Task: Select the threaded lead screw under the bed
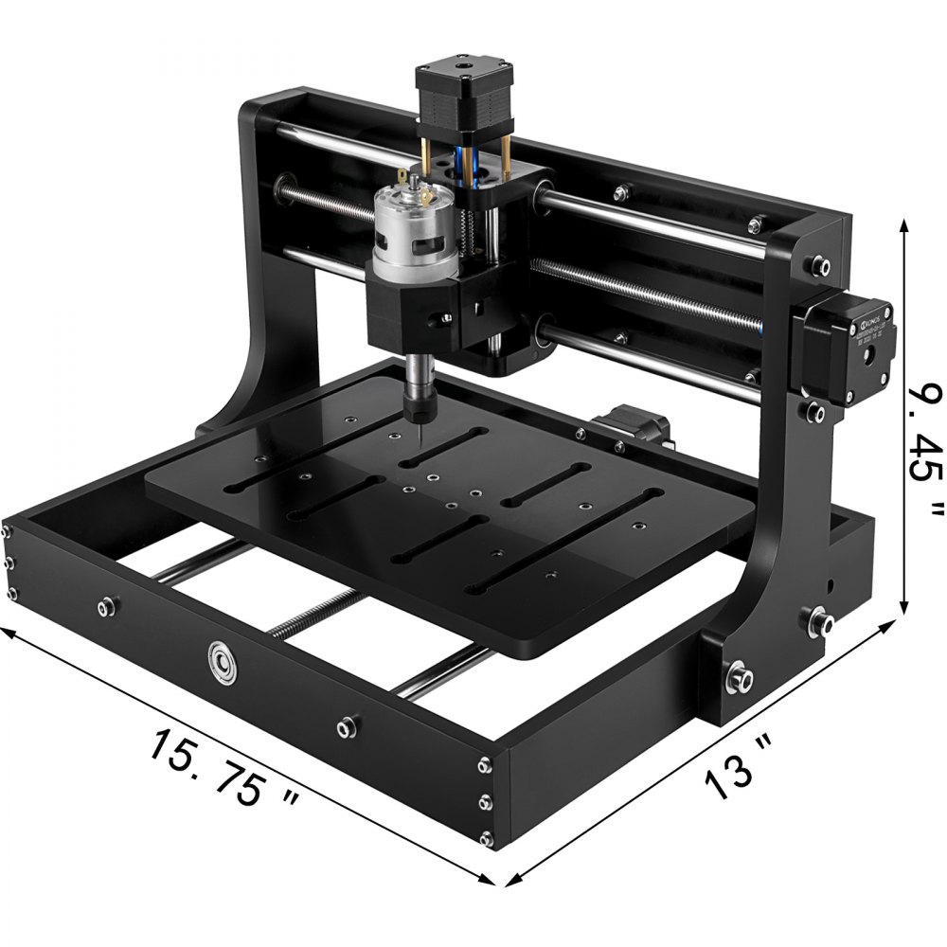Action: [x=313, y=616]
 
